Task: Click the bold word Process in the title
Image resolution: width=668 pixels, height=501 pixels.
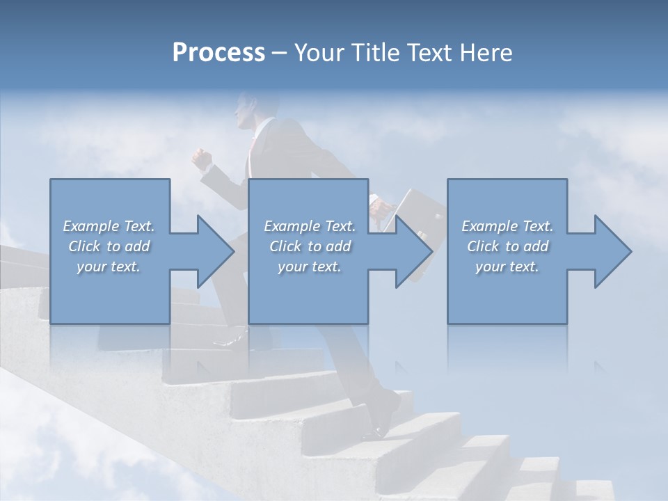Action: tap(218, 53)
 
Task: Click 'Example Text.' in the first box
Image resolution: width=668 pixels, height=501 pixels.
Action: tap(109, 226)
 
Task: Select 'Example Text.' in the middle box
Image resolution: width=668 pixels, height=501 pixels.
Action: tap(310, 226)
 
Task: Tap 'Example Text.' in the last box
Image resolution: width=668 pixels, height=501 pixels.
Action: tap(507, 226)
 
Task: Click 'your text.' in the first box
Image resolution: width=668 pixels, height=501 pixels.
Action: tap(109, 267)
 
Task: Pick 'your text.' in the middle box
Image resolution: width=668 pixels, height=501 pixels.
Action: tap(310, 267)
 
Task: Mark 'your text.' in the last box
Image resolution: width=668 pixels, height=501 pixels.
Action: tap(507, 267)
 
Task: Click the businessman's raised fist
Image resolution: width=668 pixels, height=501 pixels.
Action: tap(202, 159)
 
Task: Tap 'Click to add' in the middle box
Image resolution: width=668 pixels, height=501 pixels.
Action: tap(310, 246)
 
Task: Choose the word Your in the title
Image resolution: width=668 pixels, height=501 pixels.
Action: tap(319, 53)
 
